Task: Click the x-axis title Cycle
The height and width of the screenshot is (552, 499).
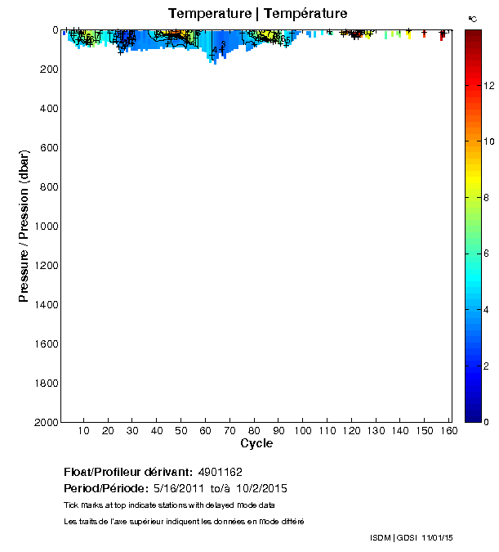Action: coord(256,443)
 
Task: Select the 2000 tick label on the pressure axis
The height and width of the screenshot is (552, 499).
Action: coord(45,422)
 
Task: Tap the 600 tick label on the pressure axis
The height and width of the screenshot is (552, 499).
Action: coord(48,148)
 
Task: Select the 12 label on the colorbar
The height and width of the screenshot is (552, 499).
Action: coord(488,85)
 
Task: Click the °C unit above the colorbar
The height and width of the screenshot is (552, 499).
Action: coord(472,18)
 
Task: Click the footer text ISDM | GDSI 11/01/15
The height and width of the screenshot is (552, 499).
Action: coord(411,537)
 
